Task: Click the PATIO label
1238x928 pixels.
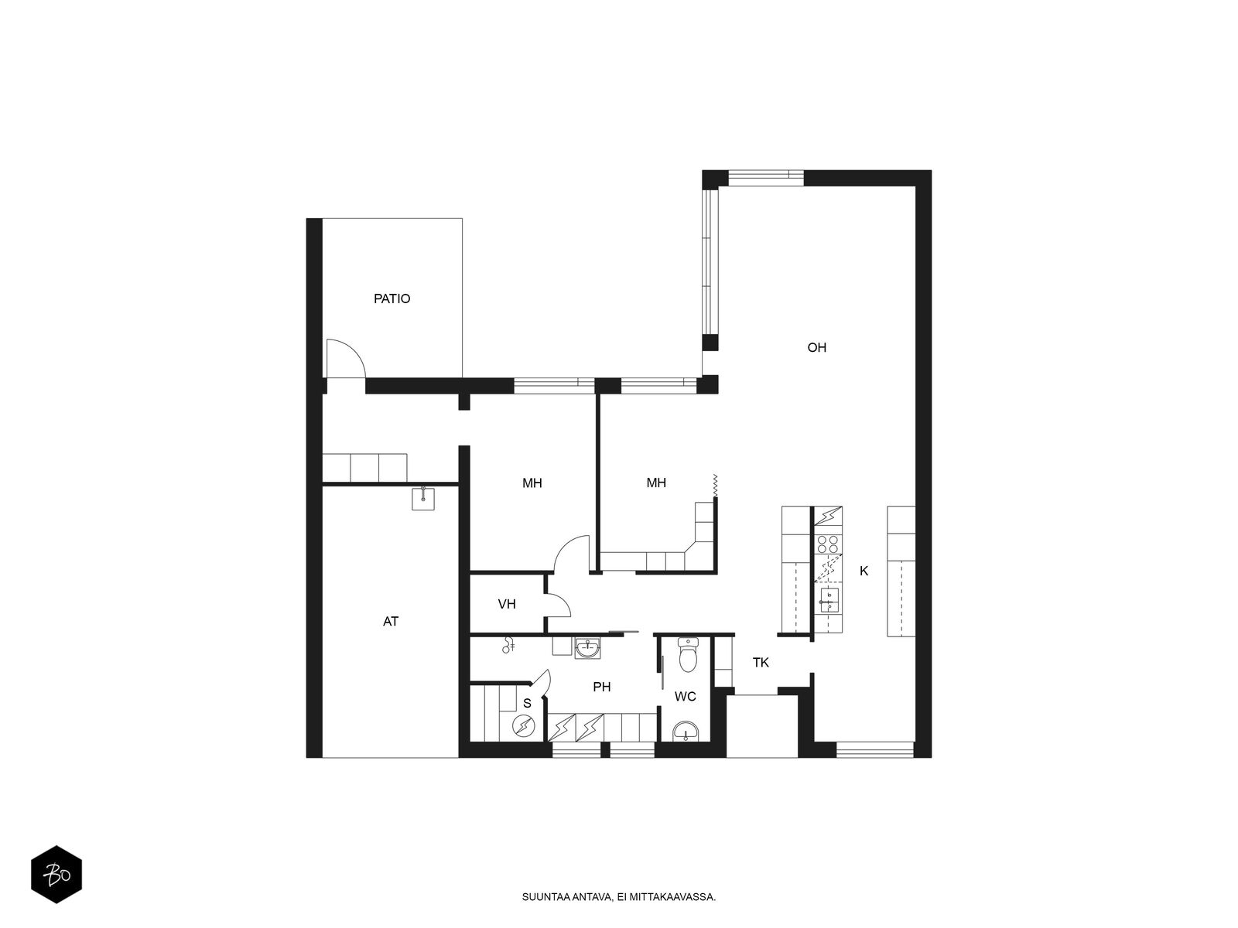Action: point(392,299)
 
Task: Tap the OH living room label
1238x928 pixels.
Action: point(816,348)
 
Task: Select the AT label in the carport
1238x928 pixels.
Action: point(390,622)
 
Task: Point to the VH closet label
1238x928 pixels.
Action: point(507,604)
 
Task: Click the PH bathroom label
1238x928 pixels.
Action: point(601,687)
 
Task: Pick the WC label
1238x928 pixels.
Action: point(685,697)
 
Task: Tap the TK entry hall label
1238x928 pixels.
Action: point(761,663)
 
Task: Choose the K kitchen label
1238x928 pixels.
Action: point(864,571)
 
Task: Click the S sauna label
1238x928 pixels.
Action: point(527,703)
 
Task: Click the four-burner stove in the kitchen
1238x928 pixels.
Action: point(827,544)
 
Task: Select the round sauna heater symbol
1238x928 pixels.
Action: point(523,726)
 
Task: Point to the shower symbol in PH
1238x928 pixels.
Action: point(508,645)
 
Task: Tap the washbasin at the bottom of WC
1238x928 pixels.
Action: point(686,732)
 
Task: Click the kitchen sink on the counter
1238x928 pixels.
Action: point(828,599)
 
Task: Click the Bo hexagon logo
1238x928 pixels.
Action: point(56,874)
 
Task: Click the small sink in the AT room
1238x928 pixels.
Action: point(422,498)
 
